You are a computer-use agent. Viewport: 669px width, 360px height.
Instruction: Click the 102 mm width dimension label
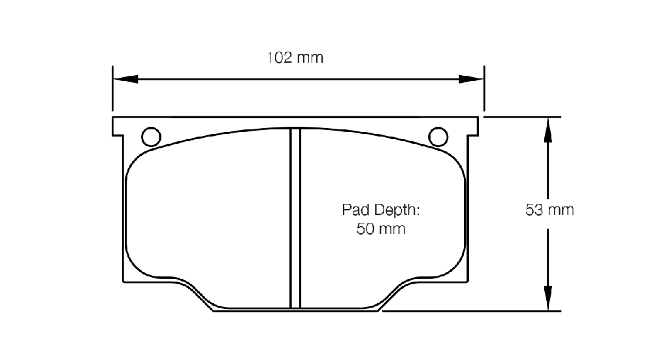(x=295, y=57)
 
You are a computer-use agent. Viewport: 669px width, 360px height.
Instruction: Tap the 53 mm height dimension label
(x=549, y=210)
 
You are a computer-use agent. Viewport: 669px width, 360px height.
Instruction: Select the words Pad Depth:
(x=381, y=210)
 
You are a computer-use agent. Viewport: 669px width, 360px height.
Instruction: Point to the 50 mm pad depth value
(x=381, y=229)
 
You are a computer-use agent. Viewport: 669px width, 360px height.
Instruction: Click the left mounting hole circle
(x=151, y=137)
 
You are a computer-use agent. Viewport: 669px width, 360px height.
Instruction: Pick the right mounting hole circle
(x=438, y=137)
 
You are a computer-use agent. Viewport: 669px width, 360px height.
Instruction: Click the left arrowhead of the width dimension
(x=125, y=79)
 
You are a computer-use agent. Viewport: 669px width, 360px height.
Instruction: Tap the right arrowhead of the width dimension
(x=472, y=79)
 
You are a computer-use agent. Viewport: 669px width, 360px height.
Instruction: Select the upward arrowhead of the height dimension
(x=548, y=129)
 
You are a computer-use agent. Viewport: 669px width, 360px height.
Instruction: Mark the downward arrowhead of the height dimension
(x=548, y=298)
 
